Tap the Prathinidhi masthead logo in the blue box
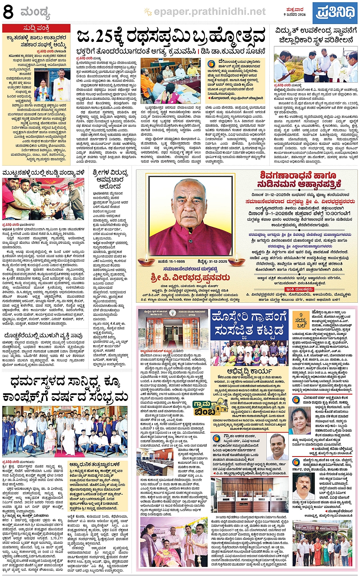[335, 13]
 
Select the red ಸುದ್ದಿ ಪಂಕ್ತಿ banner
[36, 28]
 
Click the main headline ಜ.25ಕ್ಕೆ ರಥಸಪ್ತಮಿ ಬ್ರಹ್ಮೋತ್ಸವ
[171, 37]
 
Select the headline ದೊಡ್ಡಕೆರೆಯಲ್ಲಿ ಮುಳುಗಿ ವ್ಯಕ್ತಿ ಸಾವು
[43, 335]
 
